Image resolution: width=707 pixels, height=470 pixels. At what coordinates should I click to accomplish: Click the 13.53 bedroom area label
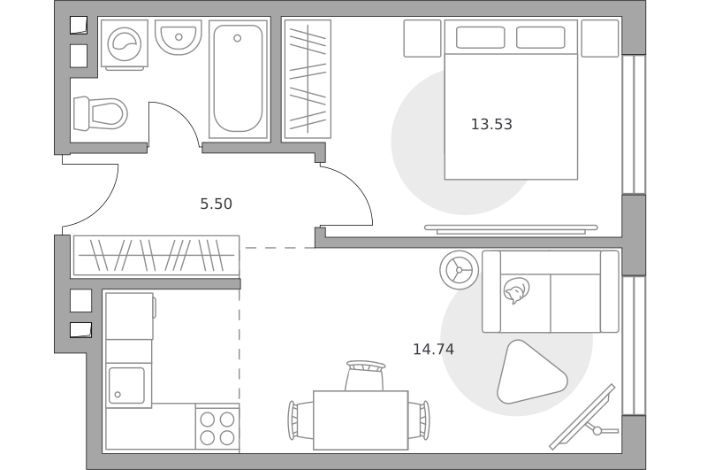(x=491, y=124)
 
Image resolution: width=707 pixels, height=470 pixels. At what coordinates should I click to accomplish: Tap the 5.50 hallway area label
(x=216, y=204)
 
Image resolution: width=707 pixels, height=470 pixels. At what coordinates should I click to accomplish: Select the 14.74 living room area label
(x=433, y=350)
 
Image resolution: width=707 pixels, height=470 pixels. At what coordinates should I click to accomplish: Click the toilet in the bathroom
(x=100, y=113)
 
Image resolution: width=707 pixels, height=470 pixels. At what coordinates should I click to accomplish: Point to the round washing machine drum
(x=125, y=44)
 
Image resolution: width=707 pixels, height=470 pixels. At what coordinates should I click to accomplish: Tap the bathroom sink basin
(x=179, y=37)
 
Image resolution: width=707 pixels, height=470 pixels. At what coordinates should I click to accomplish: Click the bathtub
(x=238, y=79)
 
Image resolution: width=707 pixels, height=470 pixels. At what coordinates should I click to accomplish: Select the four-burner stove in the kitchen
(x=217, y=428)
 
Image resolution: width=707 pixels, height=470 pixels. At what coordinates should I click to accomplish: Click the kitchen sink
(x=126, y=385)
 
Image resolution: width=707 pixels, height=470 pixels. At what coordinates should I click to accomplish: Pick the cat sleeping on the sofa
(x=516, y=290)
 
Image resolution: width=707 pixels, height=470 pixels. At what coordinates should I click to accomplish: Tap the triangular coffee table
(x=529, y=374)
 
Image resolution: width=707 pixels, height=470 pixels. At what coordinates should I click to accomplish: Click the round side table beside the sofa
(x=459, y=270)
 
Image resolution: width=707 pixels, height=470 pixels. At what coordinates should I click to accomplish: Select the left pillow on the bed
(x=480, y=37)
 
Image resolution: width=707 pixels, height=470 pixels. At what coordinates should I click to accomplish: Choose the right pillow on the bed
(x=540, y=37)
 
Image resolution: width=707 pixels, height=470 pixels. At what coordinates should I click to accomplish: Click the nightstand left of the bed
(x=422, y=38)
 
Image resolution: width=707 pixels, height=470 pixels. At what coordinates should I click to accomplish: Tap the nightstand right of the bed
(x=600, y=38)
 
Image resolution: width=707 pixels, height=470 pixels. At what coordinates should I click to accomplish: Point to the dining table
(x=361, y=420)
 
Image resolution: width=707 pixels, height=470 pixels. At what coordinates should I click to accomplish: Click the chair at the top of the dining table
(x=365, y=375)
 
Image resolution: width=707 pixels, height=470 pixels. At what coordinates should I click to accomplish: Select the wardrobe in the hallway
(x=156, y=256)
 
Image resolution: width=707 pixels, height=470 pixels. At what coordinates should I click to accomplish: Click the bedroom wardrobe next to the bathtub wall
(x=308, y=79)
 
